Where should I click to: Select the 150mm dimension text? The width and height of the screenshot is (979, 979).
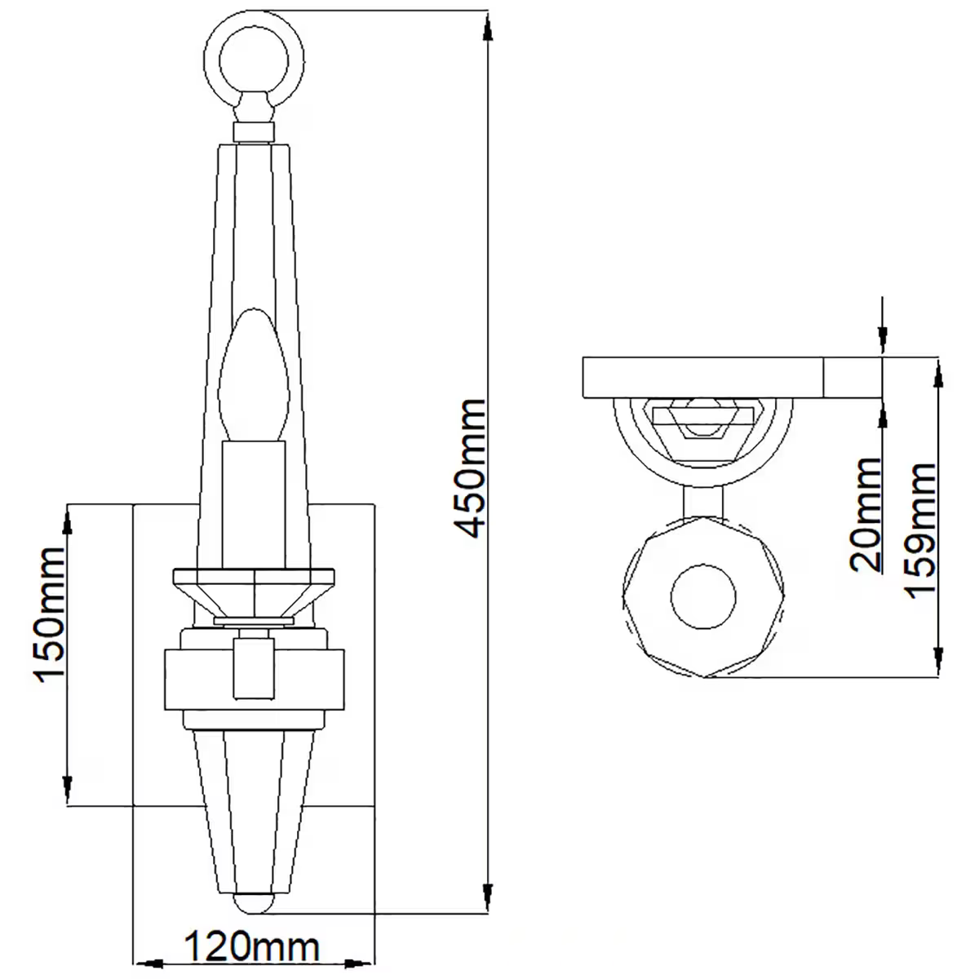point(48,616)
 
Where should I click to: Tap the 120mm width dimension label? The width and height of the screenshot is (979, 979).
point(250,947)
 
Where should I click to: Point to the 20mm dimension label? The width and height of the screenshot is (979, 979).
point(866,515)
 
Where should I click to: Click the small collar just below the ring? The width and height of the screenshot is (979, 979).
point(254,132)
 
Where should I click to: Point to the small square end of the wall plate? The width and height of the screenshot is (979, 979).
point(853,377)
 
